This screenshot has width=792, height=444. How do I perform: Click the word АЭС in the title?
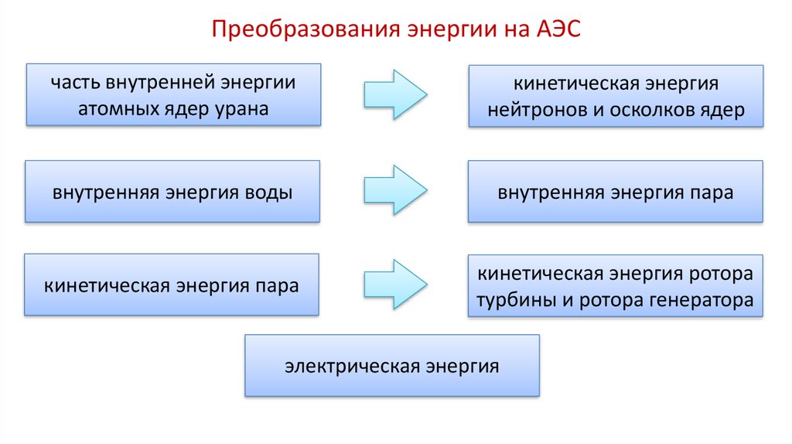click(x=558, y=29)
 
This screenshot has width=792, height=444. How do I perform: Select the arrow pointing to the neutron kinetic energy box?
click(x=395, y=94)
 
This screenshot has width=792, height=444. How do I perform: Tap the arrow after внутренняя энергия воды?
click(x=395, y=190)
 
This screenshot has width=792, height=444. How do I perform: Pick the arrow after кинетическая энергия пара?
click(x=395, y=285)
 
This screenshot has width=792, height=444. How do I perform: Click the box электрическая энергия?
click(x=392, y=365)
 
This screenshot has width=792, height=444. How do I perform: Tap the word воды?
click(x=268, y=193)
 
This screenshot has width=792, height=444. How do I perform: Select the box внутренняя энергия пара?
click(x=615, y=191)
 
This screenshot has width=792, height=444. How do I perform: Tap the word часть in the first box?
click(x=75, y=83)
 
